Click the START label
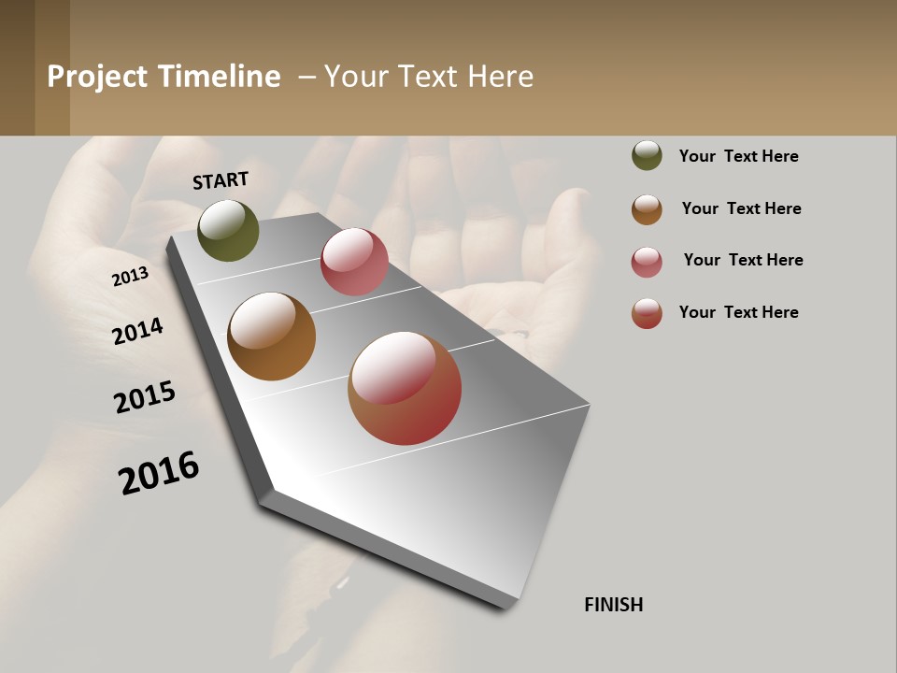221,180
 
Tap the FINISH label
613,605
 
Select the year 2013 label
130,277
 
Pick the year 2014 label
138,331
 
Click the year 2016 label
159,472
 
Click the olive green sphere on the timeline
228,230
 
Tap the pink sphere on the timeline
354,262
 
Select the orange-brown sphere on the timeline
271,336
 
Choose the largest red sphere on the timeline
405,388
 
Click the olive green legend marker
647,155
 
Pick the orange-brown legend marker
647,209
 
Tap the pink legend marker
647,262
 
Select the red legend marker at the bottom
647,313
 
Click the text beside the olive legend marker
738,156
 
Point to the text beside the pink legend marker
743,260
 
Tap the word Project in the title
97,77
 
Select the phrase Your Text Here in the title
429,77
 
